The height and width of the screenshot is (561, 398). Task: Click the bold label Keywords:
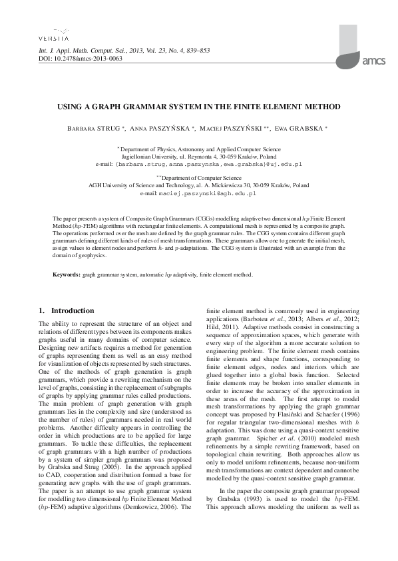pos(67,274)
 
